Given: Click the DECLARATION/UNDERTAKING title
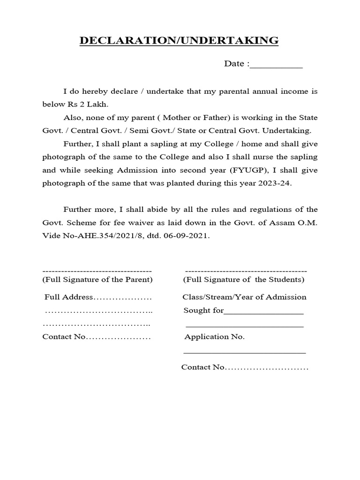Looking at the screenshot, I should (x=179, y=41).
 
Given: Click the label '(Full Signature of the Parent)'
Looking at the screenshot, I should (x=97, y=279).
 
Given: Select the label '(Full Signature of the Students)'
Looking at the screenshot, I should (x=243, y=279).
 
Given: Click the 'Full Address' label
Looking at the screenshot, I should (x=69, y=297).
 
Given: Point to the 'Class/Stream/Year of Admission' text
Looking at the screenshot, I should (x=244, y=297).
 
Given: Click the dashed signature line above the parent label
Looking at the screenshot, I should (x=97, y=271).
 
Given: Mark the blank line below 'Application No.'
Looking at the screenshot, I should (x=244, y=352).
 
